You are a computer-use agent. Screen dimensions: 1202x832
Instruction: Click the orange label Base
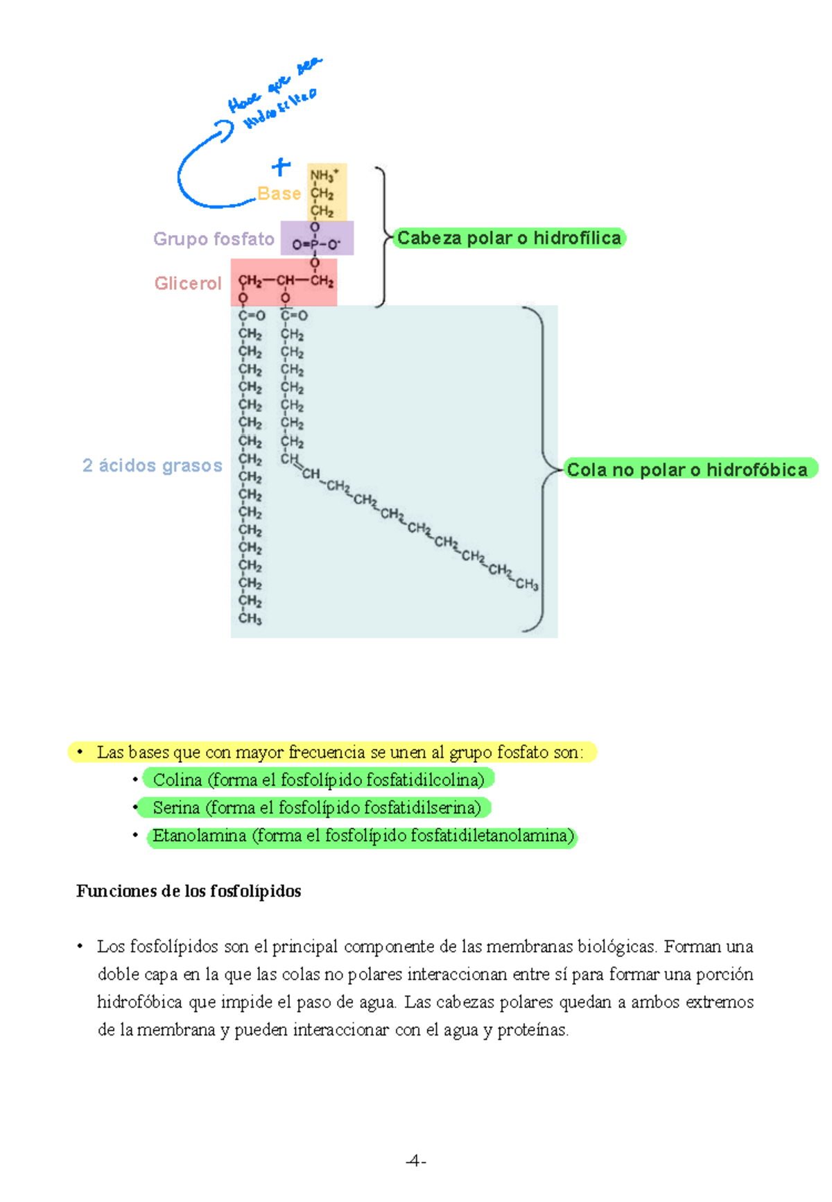(279, 194)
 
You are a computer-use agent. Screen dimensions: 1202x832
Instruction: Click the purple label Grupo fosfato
(214, 239)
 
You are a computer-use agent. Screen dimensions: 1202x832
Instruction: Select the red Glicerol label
(188, 283)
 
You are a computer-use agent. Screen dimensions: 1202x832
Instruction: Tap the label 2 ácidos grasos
(153, 465)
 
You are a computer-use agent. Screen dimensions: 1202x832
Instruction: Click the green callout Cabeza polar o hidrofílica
(509, 238)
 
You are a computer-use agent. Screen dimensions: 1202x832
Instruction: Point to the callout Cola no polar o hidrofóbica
(687, 470)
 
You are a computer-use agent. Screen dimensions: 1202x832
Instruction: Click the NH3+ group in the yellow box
(324, 175)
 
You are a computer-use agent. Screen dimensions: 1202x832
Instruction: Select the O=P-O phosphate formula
(316, 244)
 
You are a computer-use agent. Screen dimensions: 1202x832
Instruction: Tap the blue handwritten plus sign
(281, 166)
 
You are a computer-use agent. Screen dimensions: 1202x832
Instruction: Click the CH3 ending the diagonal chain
(527, 584)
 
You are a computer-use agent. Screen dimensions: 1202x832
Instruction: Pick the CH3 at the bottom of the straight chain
(250, 618)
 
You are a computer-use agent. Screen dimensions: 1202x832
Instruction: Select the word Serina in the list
(176, 807)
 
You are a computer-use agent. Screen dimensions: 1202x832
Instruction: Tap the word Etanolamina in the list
(199, 835)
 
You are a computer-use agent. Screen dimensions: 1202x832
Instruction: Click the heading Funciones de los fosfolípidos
(189, 891)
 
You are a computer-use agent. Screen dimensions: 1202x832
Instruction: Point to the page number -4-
(415, 1160)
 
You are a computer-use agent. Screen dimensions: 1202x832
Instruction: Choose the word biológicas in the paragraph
(617, 947)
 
